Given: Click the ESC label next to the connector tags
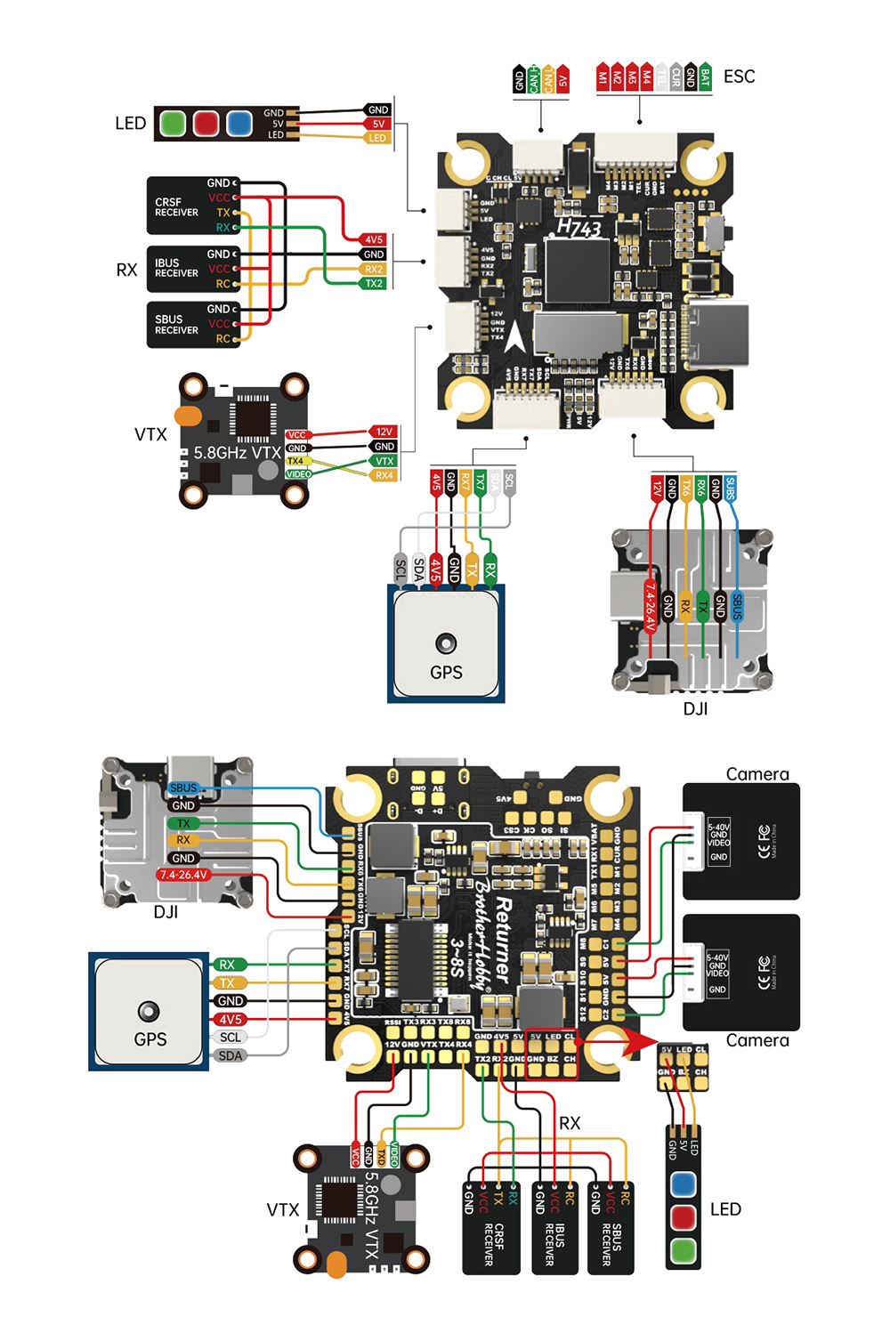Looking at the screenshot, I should (x=739, y=77).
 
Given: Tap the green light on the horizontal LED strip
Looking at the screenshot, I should (x=173, y=123).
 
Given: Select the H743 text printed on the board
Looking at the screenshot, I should (x=578, y=228).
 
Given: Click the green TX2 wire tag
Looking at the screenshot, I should (x=374, y=284).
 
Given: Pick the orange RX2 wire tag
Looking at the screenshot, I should (x=374, y=269).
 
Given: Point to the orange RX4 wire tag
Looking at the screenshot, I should (x=383, y=476).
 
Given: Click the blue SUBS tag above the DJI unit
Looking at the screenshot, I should (x=731, y=489).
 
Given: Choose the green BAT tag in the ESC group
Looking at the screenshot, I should (x=705, y=77).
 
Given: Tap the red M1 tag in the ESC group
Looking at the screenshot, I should (x=603, y=77).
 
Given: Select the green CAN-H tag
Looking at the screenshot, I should (x=534, y=79).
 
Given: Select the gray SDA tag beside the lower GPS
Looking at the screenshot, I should (x=230, y=1055).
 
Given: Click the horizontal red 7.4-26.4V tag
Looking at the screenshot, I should (x=183, y=875).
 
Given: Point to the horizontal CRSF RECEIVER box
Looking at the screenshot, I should (x=192, y=206).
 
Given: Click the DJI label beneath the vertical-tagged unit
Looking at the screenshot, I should (x=695, y=708).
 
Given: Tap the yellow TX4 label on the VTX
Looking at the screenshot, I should (x=295, y=461).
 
